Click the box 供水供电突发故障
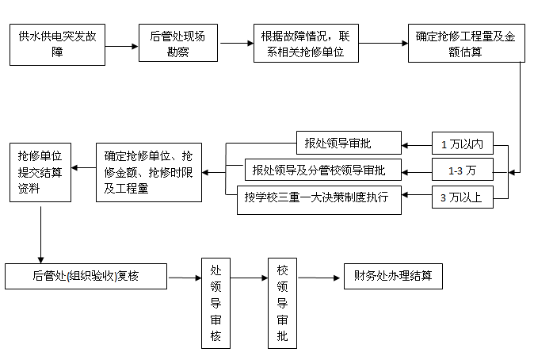57,44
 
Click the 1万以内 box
462,144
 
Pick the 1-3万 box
462,170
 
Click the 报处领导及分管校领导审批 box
323,170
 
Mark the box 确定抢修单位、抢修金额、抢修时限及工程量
149,170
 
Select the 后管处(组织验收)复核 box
86,277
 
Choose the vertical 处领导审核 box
216,303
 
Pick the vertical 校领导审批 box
282,303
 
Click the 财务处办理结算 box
392,277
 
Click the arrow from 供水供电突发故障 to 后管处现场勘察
116,46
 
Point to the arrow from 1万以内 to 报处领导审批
417,144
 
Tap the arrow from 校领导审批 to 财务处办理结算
319,278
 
